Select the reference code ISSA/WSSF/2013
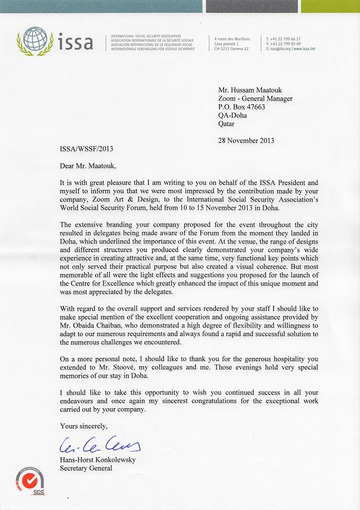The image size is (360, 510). pos(86,149)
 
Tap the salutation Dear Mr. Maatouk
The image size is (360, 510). pos(90,166)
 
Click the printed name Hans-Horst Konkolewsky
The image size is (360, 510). pos(98,460)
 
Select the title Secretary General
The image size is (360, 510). pos(85,468)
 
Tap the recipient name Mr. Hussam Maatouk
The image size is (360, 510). pos(253,90)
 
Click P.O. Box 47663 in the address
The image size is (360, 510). pos(242,107)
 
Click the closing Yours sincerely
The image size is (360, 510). pos(84,426)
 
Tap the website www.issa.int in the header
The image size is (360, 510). pos(304,49)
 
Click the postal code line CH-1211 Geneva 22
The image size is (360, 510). pos(232,49)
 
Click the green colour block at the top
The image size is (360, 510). pos(330,6)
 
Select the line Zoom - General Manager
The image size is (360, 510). pos(255,99)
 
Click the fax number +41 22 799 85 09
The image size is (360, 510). pos(286,44)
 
